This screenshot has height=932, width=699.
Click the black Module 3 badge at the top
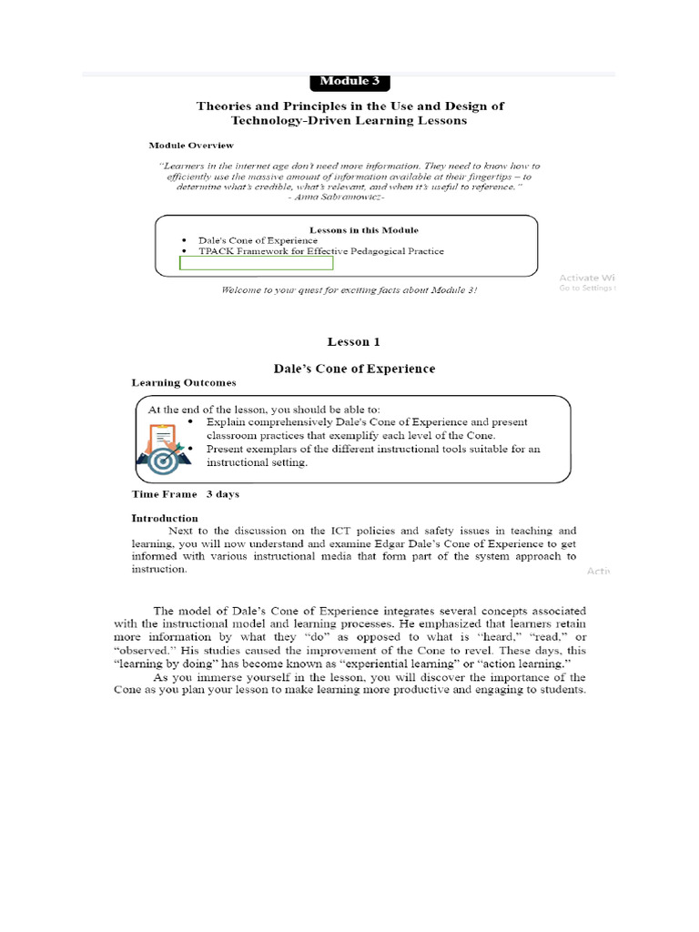point(350,81)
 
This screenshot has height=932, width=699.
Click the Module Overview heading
point(191,145)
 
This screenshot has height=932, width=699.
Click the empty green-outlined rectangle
point(257,263)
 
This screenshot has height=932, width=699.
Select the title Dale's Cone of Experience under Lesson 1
point(354,369)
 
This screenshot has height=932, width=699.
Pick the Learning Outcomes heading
point(184,383)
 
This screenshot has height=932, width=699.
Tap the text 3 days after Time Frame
point(223,494)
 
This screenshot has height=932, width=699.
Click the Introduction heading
point(165,518)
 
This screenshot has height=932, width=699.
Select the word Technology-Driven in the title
point(291,120)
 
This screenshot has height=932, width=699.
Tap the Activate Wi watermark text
point(588,277)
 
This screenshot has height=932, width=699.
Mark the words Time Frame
point(164,494)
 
